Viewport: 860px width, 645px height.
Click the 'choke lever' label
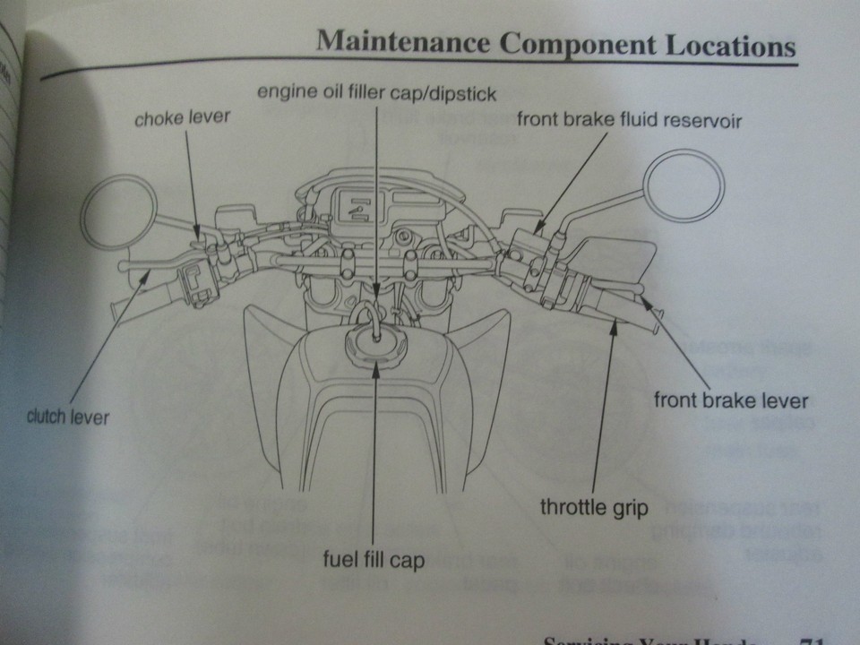[x=182, y=118]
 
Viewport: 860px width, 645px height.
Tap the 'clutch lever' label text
[x=68, y=417]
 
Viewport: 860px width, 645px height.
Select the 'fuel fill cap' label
[x=374, y=563]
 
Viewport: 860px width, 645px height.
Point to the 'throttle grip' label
[x=594, y=507]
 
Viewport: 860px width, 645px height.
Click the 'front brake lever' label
[x=731, y=400]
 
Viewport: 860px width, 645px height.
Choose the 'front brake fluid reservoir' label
[x=630, y=120]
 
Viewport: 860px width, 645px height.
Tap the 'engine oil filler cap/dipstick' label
[x=376, y=93]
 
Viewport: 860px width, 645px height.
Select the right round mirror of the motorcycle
[x=684, y=185]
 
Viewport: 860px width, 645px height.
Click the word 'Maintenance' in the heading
[x=403, y=42]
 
